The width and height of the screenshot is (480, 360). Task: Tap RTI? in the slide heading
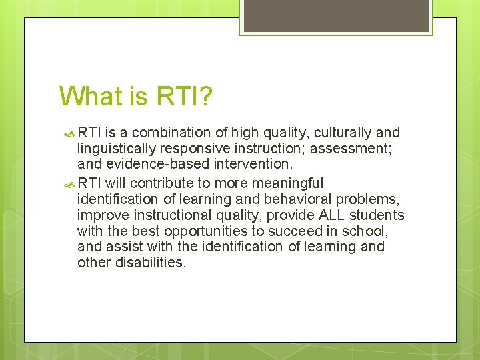point(184,96)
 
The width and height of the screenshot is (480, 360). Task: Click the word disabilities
point(153,263)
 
